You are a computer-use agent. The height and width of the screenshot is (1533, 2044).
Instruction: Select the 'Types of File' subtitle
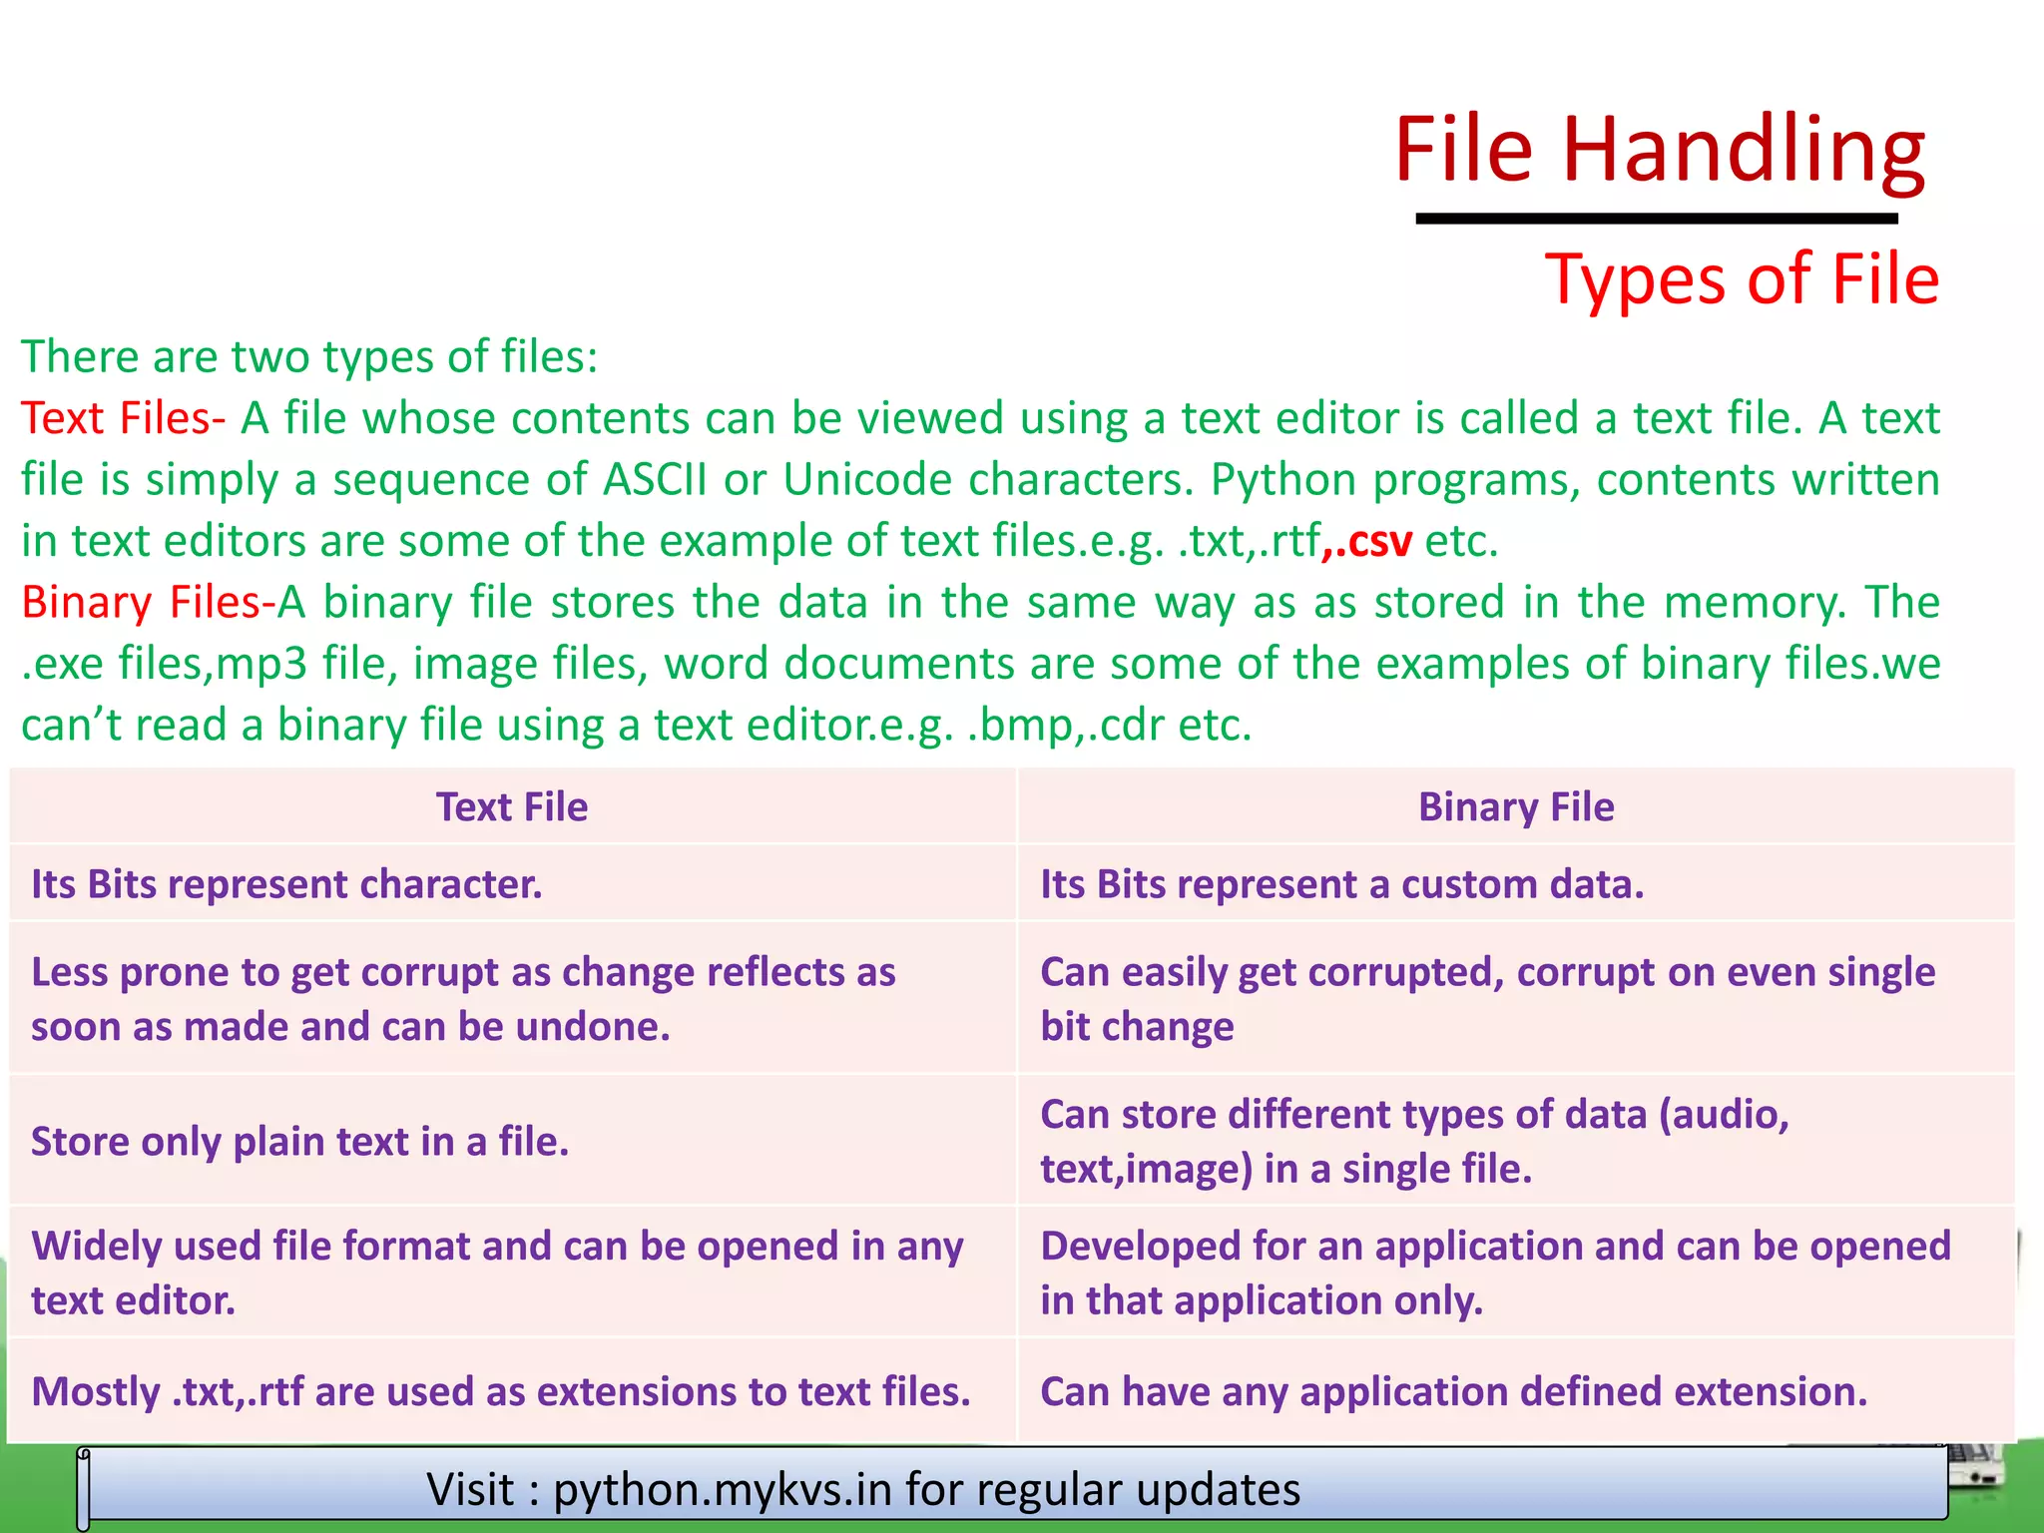(1742, 278)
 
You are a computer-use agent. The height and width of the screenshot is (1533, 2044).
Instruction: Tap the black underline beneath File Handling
(1657, 218)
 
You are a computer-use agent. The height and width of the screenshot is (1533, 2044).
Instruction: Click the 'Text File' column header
(512, 806)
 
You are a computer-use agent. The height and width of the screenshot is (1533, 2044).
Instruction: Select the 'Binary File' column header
(1515, 806)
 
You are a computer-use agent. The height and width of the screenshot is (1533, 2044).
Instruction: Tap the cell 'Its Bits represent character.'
(287, 884)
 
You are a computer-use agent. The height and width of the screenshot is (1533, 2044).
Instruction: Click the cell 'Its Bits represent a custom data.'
(1341, 884)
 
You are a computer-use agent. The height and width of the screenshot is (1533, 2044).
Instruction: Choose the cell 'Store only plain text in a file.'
(300, 1141)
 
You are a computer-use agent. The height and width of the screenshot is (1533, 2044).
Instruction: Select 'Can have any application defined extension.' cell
(1453, 1391)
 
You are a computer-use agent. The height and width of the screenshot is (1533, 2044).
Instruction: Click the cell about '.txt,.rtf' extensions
(501, 1391)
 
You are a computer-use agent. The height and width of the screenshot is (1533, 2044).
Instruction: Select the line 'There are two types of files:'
(309, 356)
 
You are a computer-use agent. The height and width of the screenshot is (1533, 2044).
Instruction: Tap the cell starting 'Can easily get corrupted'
(1487, 998)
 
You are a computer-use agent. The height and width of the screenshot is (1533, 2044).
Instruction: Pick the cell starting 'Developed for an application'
(1494, 1273)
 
